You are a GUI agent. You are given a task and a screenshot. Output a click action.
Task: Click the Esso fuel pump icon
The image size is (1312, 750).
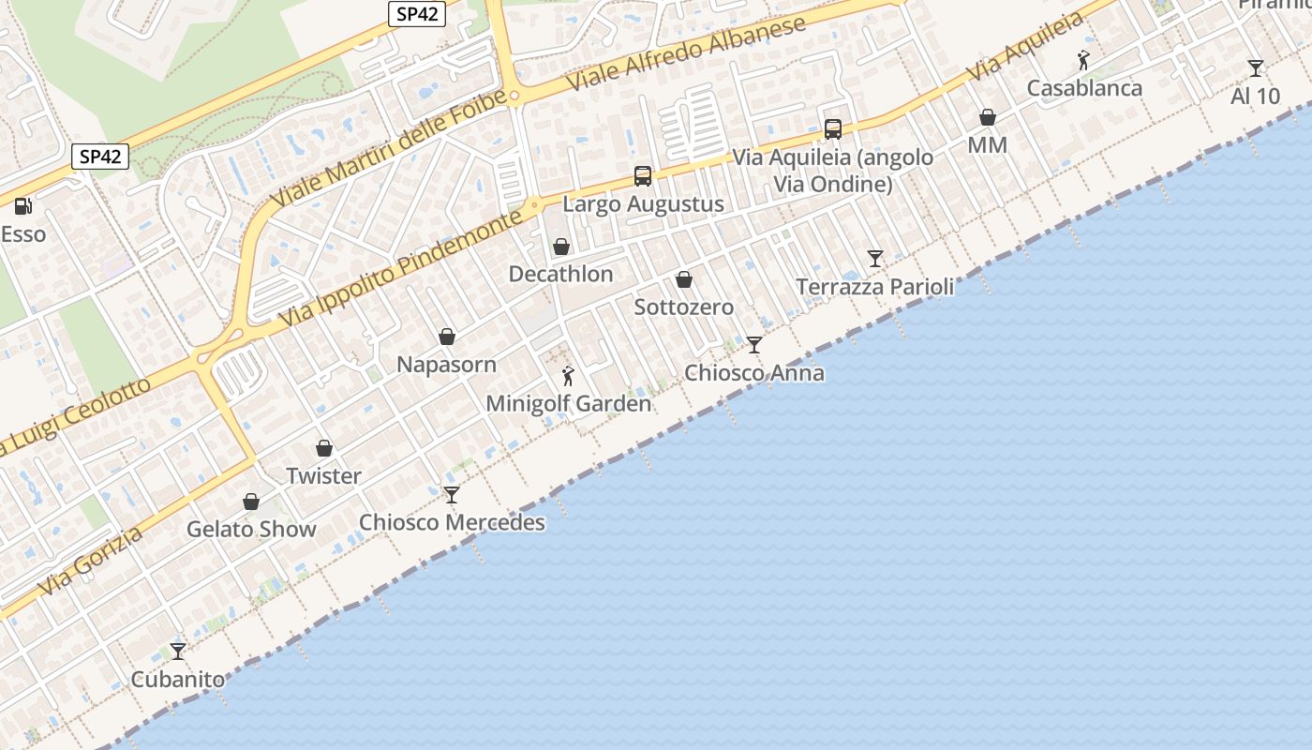coord(22,205)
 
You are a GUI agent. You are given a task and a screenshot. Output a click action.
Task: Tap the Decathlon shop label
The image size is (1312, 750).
coord(560,274)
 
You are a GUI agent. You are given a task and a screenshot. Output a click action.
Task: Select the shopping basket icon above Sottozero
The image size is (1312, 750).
coord(684,279)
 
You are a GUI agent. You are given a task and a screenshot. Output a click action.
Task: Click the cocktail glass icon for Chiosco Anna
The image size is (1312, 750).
coord(754,345)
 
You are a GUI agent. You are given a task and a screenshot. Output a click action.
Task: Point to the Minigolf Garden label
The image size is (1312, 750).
coord(568,404)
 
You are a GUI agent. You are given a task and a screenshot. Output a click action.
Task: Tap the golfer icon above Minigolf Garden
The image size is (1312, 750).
coord(568,376)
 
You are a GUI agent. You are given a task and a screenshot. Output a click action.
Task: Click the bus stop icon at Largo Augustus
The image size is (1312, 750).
coord(643,175)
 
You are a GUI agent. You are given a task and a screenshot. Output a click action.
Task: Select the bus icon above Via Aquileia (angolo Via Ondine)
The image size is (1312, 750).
coord(833,129)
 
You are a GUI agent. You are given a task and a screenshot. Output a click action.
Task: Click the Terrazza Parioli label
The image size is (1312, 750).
coord(874,287)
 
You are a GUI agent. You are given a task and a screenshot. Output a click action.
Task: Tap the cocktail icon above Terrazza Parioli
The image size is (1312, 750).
coord(875,258)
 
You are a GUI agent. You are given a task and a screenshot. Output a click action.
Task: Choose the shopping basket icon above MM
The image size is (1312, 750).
coord(988,117)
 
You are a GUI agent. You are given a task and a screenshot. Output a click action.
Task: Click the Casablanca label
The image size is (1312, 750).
coord(1084,88)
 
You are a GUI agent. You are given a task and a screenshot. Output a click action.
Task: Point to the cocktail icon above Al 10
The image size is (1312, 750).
coord(1256,67)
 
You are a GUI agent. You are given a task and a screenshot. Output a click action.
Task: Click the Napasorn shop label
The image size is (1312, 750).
coord(447,365)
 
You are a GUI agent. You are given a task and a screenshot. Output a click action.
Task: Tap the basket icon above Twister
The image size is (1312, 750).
coord(324,448)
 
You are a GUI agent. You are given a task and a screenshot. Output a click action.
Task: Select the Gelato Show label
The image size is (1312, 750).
coord(251,529)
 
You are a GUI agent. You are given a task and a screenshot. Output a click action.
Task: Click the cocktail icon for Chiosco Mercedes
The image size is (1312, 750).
coord(452,494)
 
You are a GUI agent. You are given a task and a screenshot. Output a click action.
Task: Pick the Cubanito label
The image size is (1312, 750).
coord(178,680)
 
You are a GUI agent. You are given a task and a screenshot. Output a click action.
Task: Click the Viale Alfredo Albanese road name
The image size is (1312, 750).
coord(687,52)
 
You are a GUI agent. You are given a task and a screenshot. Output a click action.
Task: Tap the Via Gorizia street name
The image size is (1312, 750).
coord(91,562)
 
